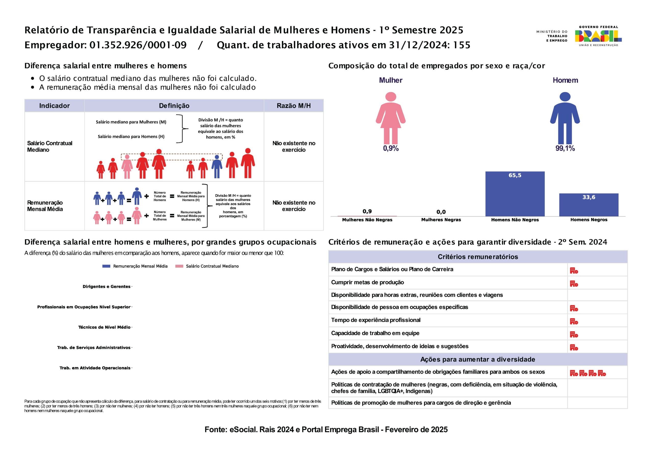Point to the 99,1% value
(565, 148)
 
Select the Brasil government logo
(598, 36)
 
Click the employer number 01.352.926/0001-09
(138, 45)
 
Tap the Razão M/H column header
(293, 105)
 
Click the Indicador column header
(54, 105)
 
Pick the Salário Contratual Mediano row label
(50, 146)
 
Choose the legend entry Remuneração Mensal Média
(135, 266)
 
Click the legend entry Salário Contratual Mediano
(207, 266)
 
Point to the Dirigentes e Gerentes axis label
(106, 286)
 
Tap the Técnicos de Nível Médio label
(104, 327)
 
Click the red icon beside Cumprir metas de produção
(574, 283)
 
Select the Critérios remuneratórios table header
(478, 257)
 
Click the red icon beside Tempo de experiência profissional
(574, 321)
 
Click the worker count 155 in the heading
(462, 45)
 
